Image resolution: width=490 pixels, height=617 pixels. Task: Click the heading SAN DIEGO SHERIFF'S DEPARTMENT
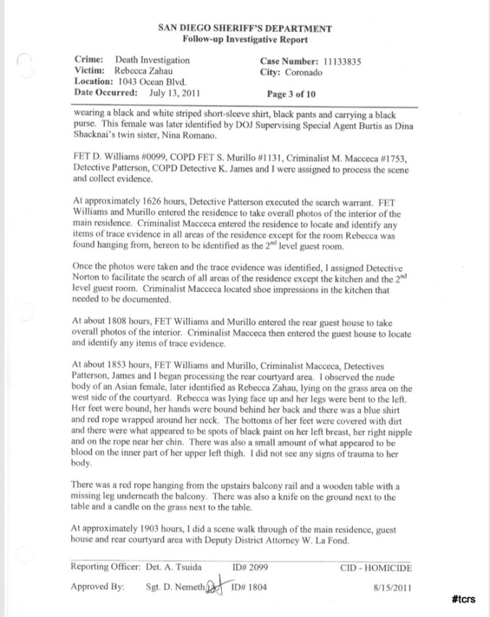[244, 28]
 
